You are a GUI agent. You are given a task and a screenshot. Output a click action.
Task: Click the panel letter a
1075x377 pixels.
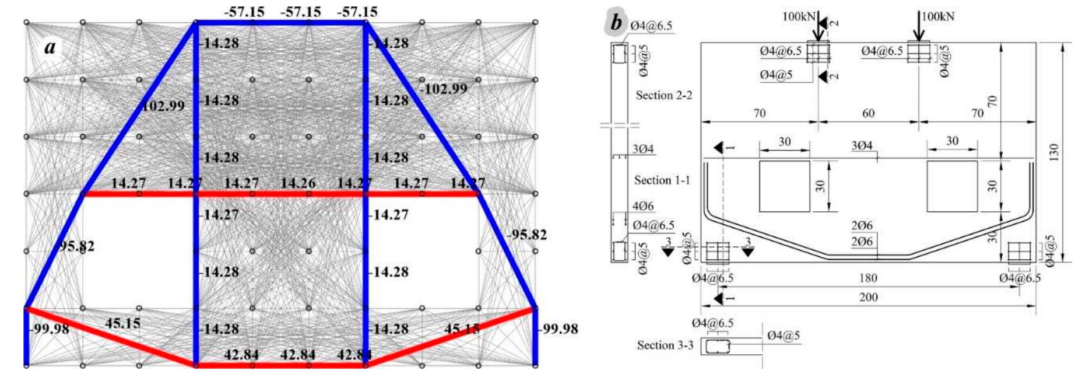50,47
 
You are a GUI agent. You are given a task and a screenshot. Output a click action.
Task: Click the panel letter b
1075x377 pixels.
616,23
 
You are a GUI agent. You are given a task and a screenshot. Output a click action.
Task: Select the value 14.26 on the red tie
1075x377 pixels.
297,183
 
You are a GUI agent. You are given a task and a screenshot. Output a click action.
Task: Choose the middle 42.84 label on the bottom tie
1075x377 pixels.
297,355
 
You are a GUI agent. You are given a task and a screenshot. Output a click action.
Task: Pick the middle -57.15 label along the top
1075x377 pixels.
301,12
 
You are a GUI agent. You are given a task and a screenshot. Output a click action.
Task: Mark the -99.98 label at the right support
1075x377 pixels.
558,329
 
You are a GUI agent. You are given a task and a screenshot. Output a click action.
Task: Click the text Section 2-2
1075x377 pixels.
663,95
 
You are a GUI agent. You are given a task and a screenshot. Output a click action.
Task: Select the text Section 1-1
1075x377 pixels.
662,180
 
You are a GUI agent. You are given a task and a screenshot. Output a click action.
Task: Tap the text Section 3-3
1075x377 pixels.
665,345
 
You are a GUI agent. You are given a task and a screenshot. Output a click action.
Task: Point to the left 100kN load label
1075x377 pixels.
798,17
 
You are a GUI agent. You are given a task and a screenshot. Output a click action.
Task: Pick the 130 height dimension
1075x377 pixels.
1053,153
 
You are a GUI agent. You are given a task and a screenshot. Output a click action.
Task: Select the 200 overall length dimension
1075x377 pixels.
868,297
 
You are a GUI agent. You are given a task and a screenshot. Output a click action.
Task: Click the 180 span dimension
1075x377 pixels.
868,278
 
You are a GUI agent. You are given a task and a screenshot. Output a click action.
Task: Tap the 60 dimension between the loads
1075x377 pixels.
868,113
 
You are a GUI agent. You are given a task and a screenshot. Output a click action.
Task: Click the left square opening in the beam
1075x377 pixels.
784,186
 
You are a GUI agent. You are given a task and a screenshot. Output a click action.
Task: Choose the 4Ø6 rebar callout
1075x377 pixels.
643,206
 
